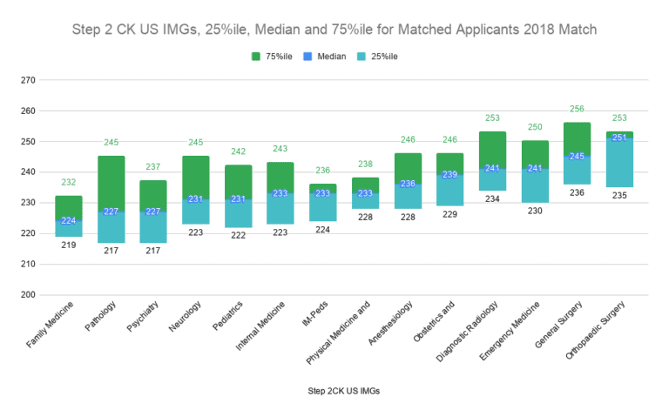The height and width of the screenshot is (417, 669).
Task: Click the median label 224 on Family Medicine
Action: click(69, 220)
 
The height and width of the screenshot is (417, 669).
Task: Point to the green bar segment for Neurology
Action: click(195, 177)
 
